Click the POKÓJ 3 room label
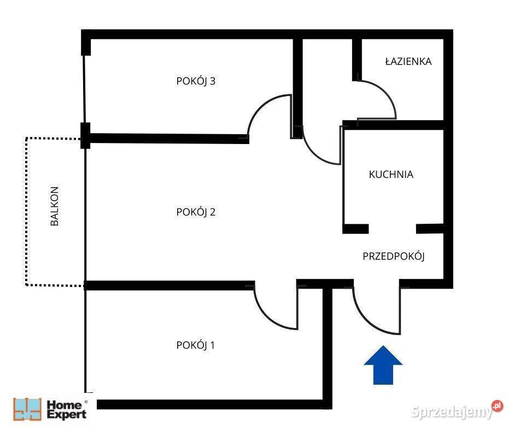196,81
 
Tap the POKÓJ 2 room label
196,212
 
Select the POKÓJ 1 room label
195,345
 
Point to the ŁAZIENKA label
408,61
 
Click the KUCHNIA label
391,175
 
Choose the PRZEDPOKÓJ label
394,256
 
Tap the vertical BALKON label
55,206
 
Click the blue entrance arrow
383,365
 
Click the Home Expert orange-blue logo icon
27,409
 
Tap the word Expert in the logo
67,414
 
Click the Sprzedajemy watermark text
452,411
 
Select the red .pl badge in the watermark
497,406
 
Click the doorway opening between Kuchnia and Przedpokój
393,229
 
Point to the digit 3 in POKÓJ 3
212,81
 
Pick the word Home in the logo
65,404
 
